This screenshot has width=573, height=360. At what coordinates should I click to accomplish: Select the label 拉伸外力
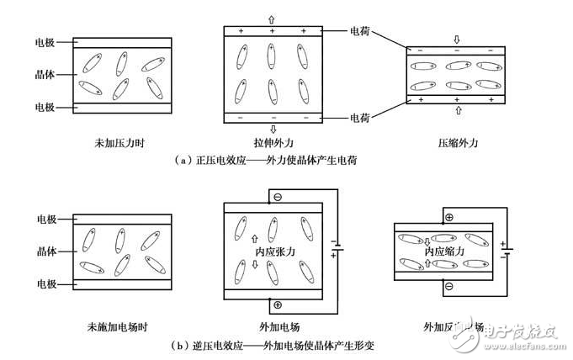coord(272,145)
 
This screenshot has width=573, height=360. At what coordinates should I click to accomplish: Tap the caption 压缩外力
coord(455,145)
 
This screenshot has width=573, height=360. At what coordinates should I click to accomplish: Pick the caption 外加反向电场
coord(454,326)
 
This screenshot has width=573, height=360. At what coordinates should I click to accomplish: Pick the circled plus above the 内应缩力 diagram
coord(448,217)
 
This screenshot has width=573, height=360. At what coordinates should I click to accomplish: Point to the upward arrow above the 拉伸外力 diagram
coord(271,18)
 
